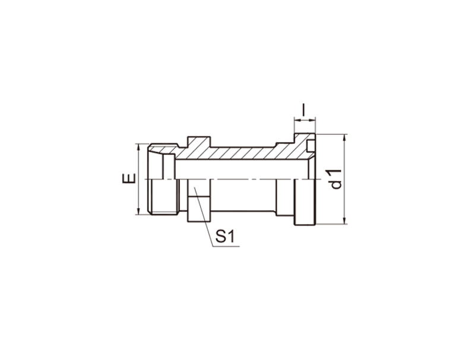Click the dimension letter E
tap(129, 178)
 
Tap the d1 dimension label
tap(336, 179)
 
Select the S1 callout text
tap(225, 236)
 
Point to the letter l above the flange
tap(304, 110)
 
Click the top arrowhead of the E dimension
tap(138, 147)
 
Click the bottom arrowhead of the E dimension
tap(138, 211)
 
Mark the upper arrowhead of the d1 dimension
tap(344, 137)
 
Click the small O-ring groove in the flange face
tap(311, 146)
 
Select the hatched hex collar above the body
tap(199, 143)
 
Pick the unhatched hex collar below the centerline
tap(199, 201)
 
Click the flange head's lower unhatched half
tap(305, 202)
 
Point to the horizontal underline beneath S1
tap(226, 247)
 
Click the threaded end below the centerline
tap(164, 197)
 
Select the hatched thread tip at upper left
tap(162, 149)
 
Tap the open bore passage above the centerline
tap(242, 169)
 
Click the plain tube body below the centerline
tap(243, 195)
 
